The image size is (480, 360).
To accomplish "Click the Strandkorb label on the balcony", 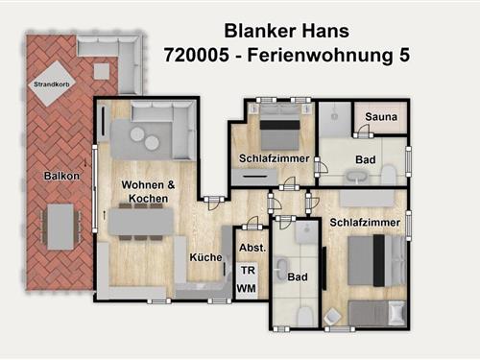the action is tap(52, 84).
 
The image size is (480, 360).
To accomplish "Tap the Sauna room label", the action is tap(381, 117).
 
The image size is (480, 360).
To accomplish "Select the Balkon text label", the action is tap(61, 176).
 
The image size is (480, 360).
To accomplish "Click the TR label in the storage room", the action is tap(248, 271).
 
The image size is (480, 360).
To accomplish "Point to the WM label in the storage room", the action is tap(247, 289).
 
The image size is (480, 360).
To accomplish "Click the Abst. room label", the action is tap(252, 248).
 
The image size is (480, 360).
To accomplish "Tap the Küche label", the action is tap(205, 257).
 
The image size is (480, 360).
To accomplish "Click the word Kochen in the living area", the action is tap(148, 199).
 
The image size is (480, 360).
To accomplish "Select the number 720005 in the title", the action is tap(197, 55).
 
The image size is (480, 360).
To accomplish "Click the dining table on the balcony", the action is tap(60, 227).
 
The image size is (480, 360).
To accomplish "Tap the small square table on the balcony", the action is tap(102, 71).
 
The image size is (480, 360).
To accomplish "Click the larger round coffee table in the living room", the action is tap(152, 143).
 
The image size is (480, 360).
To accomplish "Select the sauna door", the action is tap(363, 132).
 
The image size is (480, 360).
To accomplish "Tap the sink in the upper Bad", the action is tap(356, 177).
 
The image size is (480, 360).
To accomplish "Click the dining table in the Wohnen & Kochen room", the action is tap(141, 222).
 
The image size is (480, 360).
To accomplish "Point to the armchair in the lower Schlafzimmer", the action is tap(332, 317).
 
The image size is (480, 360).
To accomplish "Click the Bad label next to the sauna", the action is tap(366, 159).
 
